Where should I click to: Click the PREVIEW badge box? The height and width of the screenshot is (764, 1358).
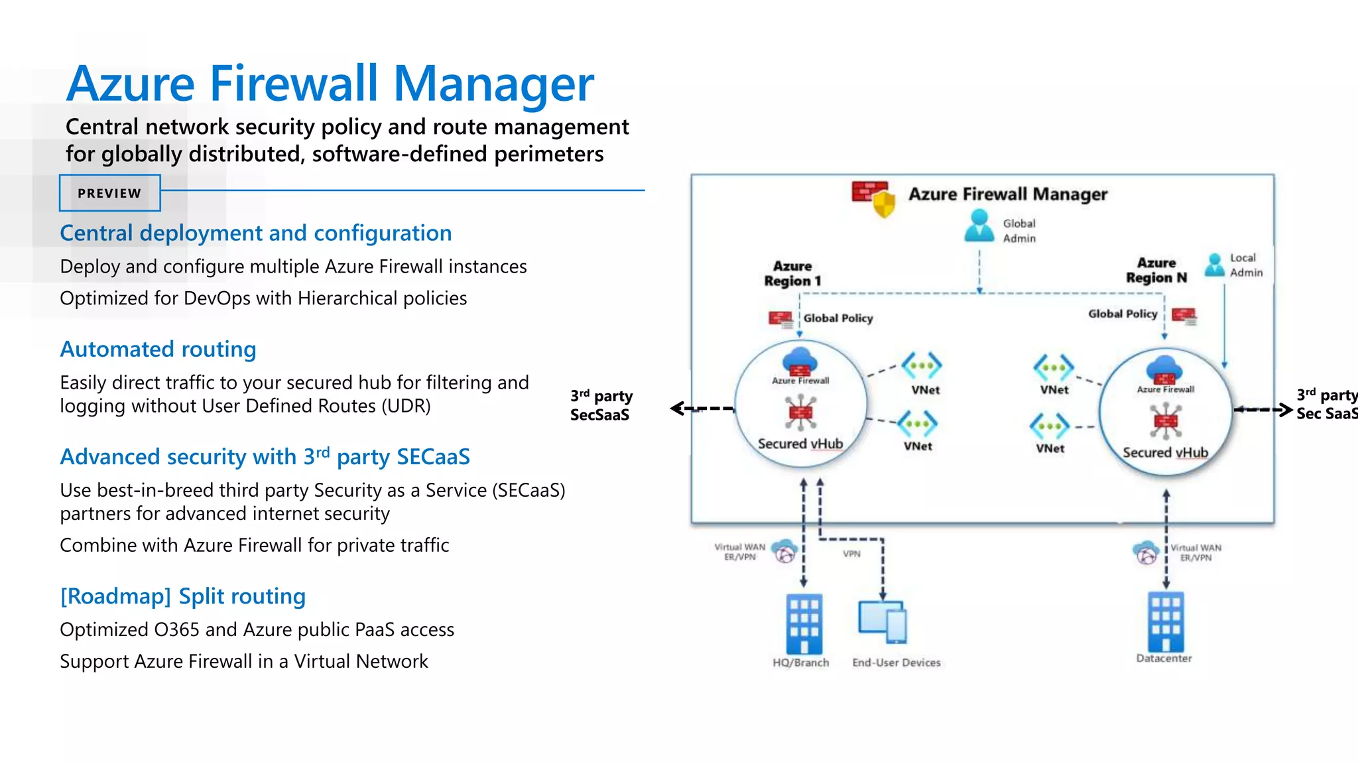[109, 193]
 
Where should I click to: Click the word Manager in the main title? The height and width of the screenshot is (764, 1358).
[493, 84]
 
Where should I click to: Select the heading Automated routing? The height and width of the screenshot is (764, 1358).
[158, 349]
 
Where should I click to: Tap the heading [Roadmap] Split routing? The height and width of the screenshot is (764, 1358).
[182, 596]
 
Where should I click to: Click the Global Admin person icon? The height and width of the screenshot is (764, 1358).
[979, 226]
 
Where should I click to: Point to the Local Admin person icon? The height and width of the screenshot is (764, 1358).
[1214, 265]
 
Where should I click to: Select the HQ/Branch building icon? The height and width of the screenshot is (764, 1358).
[804, 623]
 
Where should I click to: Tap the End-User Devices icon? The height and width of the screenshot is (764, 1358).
[883, 621]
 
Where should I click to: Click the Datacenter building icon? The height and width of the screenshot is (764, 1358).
[1166, 621]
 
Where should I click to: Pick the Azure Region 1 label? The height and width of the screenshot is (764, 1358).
[792, 273]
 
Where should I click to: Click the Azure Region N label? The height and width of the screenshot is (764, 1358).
[1156, 270]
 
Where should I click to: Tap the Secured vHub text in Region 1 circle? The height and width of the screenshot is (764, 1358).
[800, 444]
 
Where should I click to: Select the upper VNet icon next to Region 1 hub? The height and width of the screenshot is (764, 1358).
[922, 365]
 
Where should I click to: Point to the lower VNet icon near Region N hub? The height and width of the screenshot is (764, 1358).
[1050, 426]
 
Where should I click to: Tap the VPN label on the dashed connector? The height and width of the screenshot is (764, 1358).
[851, 554]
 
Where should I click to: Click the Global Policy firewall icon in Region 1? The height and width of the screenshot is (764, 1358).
[780, 319]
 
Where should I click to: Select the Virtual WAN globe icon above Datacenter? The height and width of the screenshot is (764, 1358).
[1146, 552]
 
